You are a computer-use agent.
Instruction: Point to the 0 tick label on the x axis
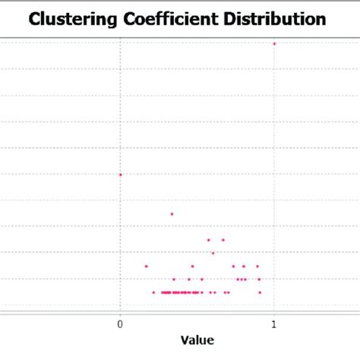(x=120, y=324)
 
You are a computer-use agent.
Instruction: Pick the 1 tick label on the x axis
(x=273, y=324)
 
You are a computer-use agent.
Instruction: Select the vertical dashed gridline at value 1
(x=273, y=152)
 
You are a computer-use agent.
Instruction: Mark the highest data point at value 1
(x=273, y=43)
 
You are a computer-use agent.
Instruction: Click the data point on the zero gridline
(x=120, y=175)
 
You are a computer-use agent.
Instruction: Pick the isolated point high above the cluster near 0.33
(x=172, y=213)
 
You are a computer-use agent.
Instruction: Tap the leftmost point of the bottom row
(x=153, y=292)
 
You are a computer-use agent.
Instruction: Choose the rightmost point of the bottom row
(x=259, y=292)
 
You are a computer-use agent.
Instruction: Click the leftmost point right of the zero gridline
(x=146, y=266)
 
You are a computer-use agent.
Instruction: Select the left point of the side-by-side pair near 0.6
(x=208, y=240)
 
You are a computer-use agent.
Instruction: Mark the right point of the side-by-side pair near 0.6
(x=223, y=240)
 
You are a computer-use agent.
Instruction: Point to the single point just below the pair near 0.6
(x=213, y=253)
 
